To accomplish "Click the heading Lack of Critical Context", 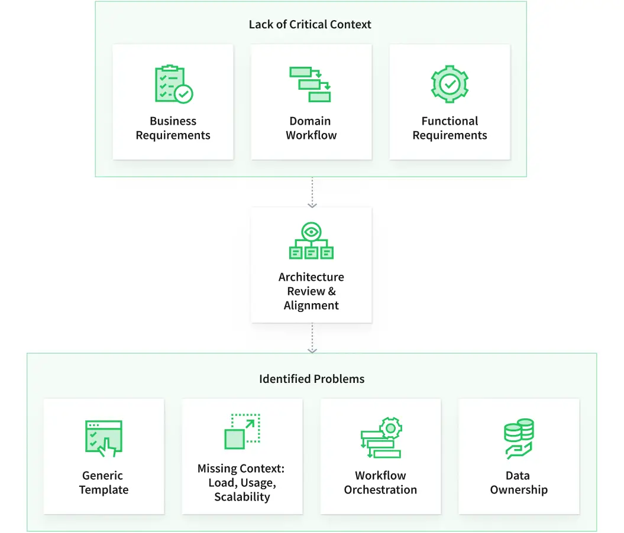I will click(310, 25).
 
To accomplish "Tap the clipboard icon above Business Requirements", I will click(173, 84).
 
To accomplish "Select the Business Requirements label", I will click(173, 128).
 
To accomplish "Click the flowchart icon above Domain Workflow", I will click(311, 84).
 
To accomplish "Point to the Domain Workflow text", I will click(311, 128).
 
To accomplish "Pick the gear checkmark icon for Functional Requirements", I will click(450, 84).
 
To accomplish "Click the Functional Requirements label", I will click(450, 128).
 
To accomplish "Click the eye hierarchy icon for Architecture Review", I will click(311, 241).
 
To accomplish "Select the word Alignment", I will click(311, 305).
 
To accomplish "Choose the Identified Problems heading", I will click(312, 379).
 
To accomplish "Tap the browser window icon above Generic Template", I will click(104, 438).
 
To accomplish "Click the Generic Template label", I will click(104, 483).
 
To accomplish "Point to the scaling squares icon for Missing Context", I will click(242, 431).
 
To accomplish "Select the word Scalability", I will click(242, 497).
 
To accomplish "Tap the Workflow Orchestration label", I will click(380, 483).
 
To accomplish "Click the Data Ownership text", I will click(519, 483).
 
